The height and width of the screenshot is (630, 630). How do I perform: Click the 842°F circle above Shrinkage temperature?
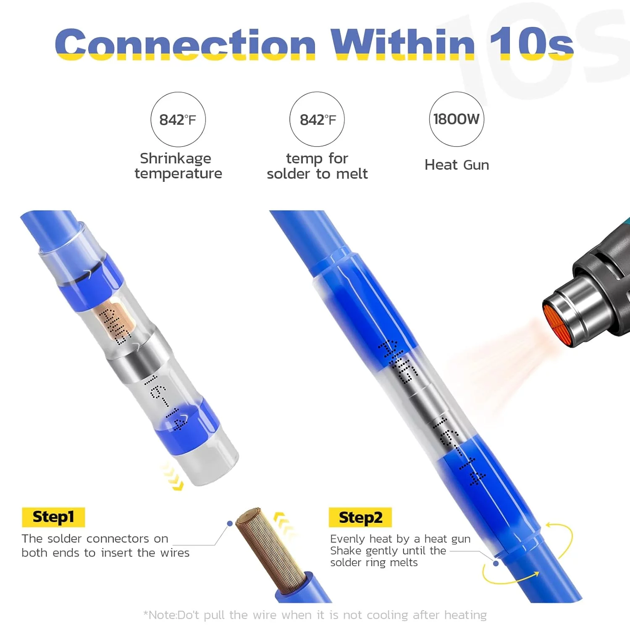coord(178,120)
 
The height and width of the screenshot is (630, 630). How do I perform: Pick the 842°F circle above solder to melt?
coord(317,120)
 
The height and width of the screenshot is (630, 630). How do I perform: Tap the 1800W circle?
coord(457,119)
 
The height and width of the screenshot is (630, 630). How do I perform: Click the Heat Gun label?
coord(457,165)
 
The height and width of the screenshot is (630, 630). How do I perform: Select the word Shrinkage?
coord(176,158)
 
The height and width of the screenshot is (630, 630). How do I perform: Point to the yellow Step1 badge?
coord(53,517)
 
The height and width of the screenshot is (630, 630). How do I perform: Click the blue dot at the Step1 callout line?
coord(230,523)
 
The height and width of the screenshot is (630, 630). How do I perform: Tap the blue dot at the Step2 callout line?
coord(496,563)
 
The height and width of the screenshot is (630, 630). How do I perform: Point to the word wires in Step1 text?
coord(175,553)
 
